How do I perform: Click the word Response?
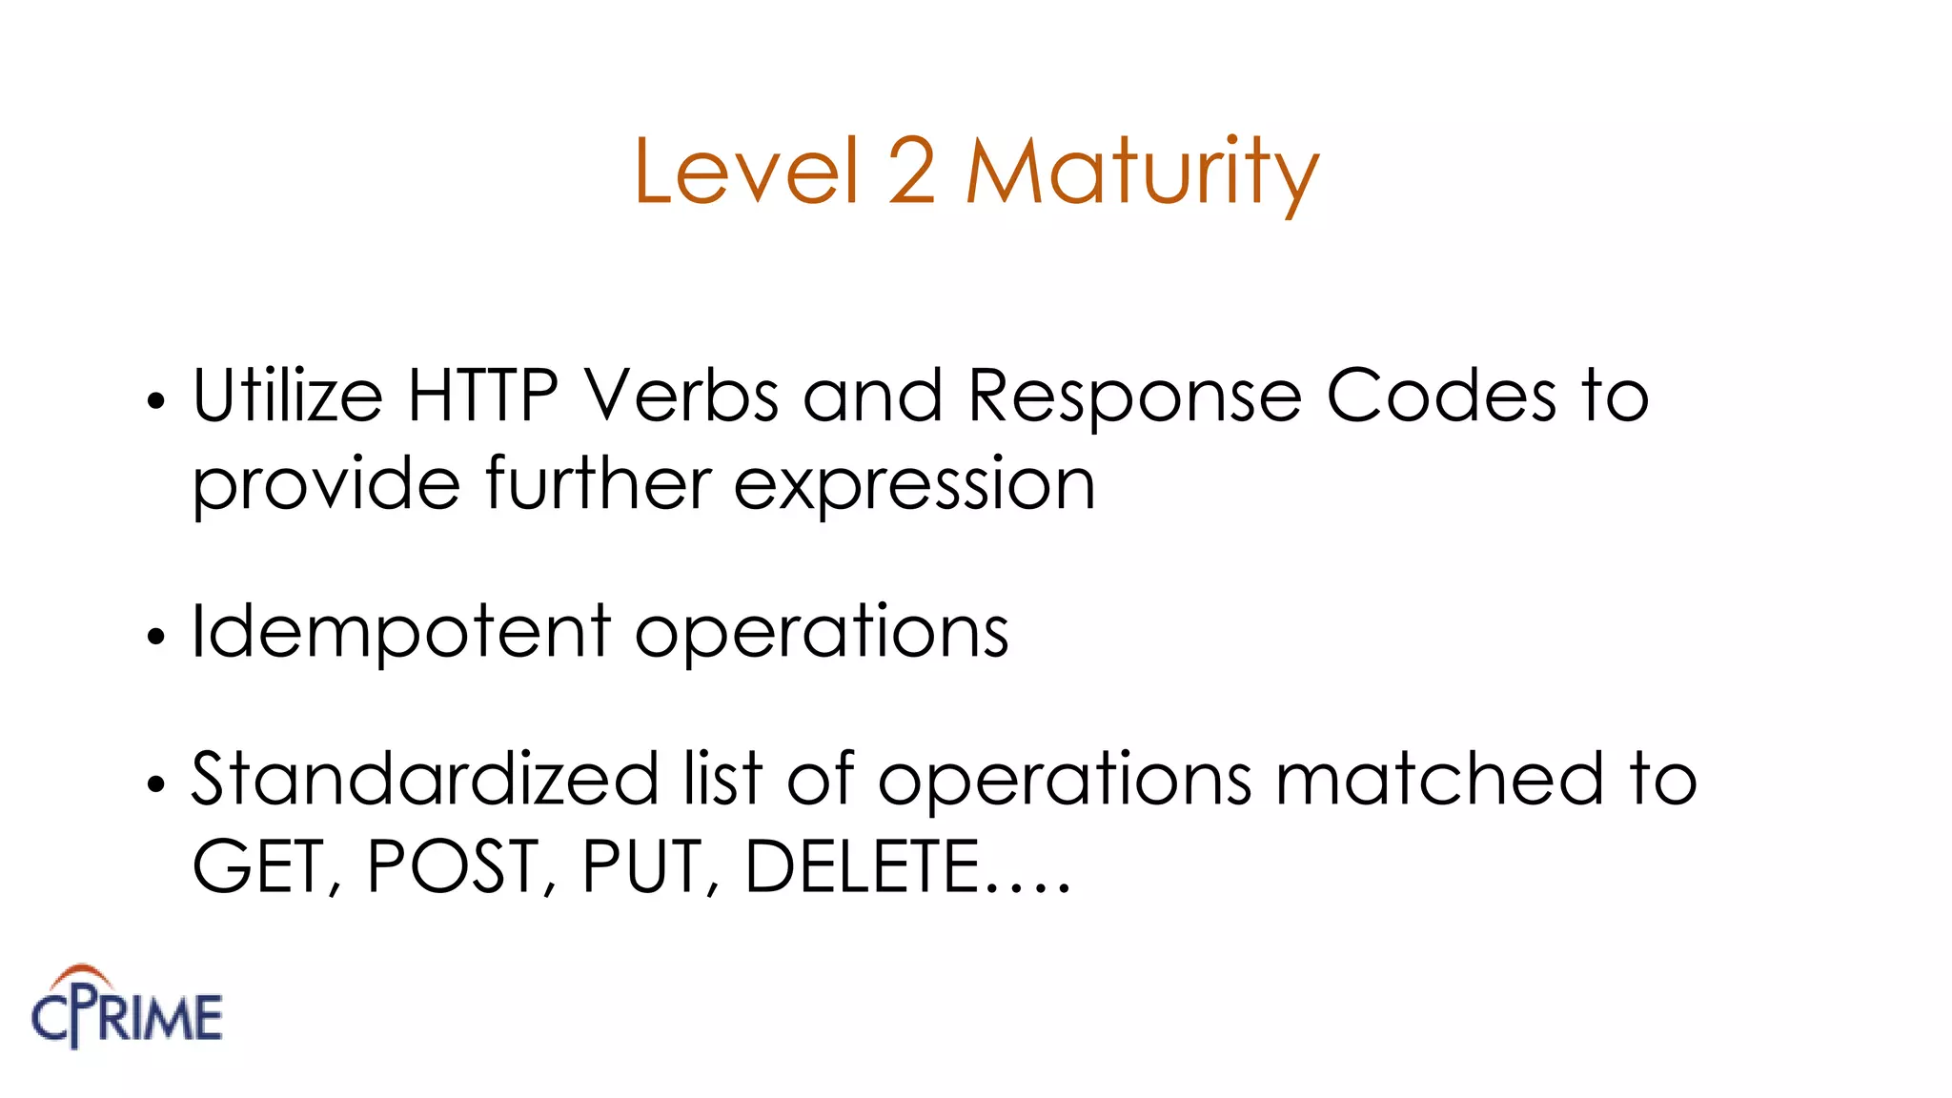(1134, 396)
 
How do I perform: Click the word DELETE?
(863, 866)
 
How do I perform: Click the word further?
(598, 484)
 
